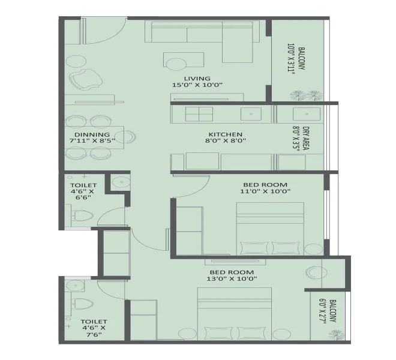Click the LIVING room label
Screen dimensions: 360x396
tap(197, 78)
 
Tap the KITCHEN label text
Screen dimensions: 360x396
tap(225, 134)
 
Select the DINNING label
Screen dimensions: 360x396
tap(92, 134)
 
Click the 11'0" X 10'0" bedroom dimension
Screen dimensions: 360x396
tap(265, 192)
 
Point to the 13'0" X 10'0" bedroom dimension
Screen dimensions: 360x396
tap(232, 278)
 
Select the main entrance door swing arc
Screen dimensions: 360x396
tap(114, 32)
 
